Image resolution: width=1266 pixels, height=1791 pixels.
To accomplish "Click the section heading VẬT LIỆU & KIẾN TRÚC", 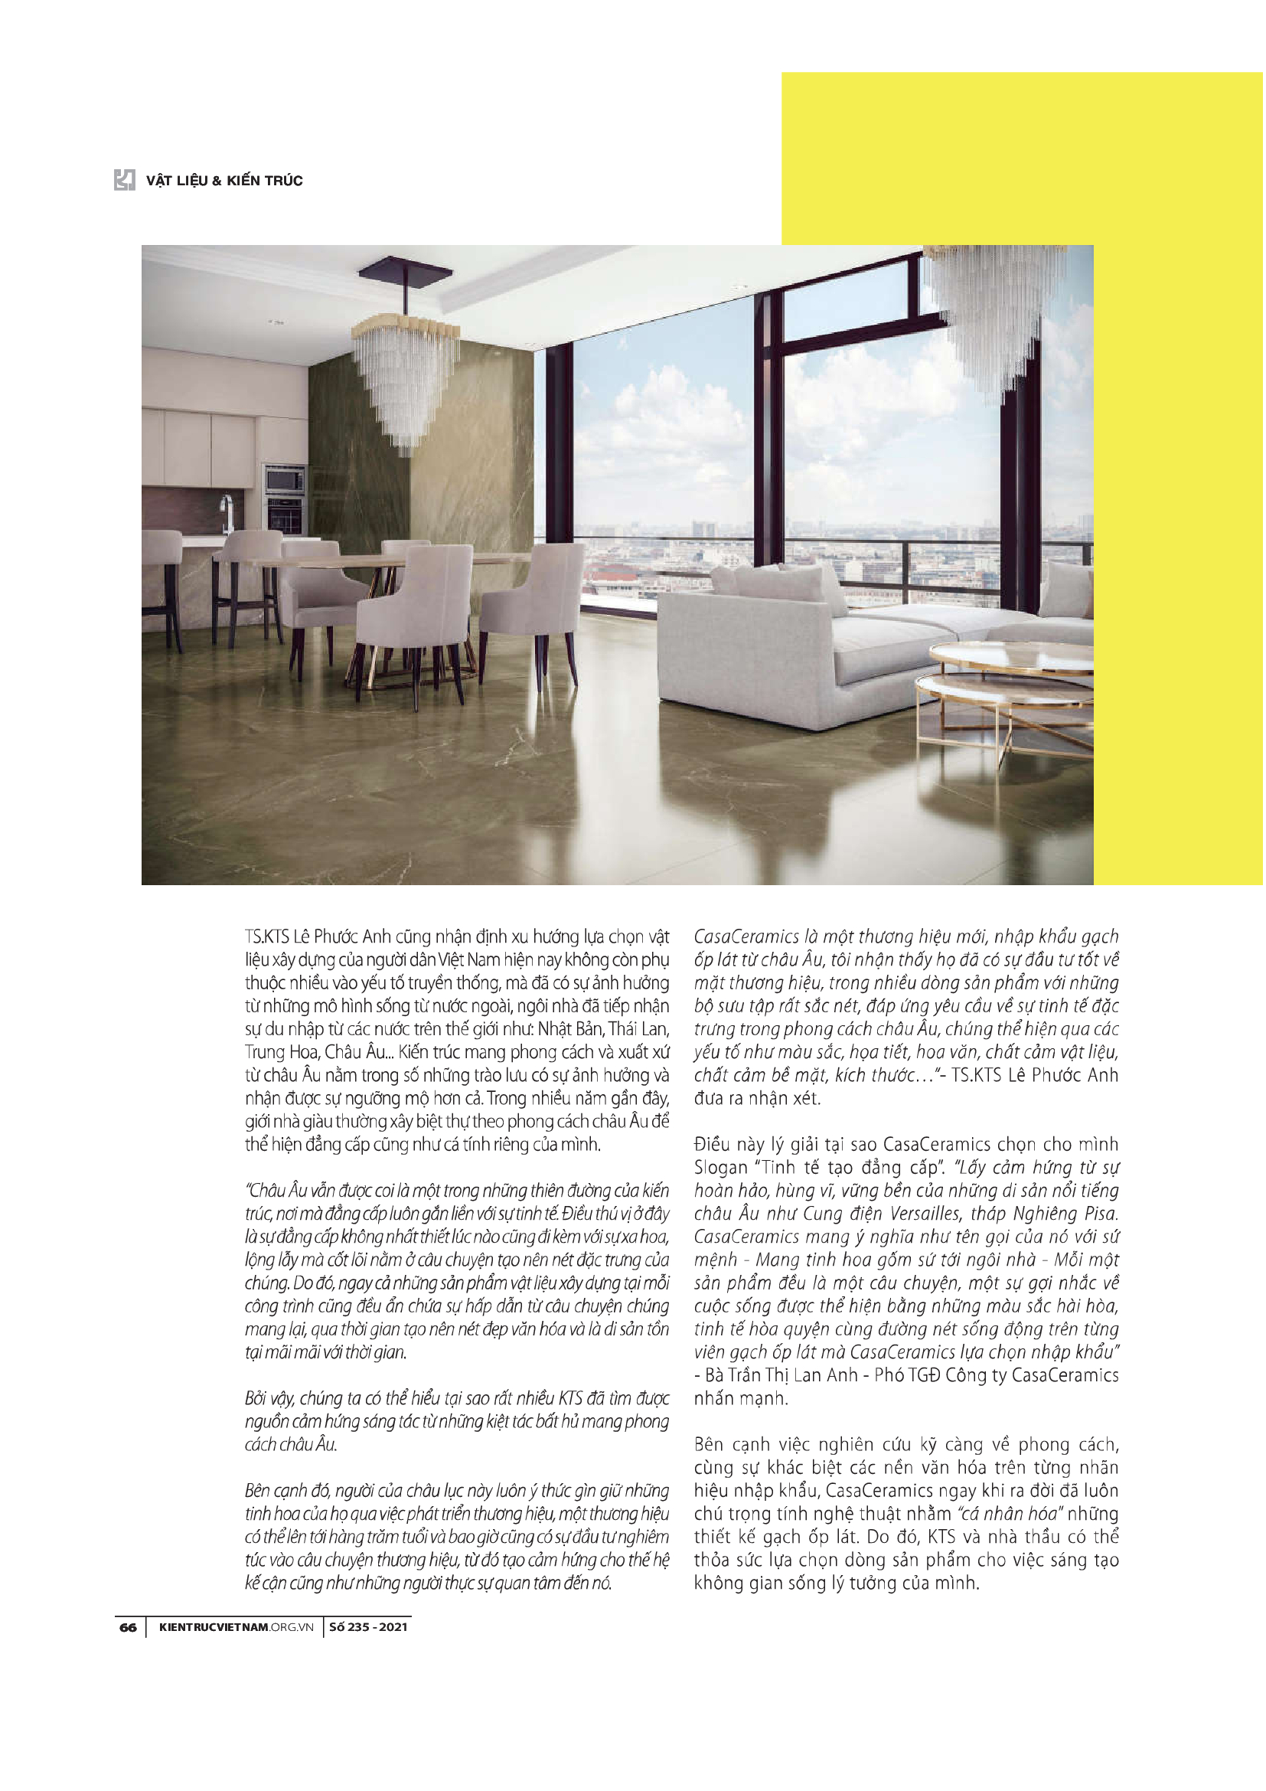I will click(x=224, y=181).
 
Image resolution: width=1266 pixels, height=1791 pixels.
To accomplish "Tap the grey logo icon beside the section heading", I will click(x=125, y=180).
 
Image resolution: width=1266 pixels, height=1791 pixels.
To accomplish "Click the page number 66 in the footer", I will click(x=128, y=1627).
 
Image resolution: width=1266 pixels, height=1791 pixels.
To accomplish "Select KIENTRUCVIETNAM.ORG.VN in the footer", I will click(x=236, y=1627).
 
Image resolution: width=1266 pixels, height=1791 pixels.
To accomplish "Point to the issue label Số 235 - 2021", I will click(x=368, y=1627).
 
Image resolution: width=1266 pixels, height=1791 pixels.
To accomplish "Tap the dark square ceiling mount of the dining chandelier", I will click(x=405, y=273).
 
